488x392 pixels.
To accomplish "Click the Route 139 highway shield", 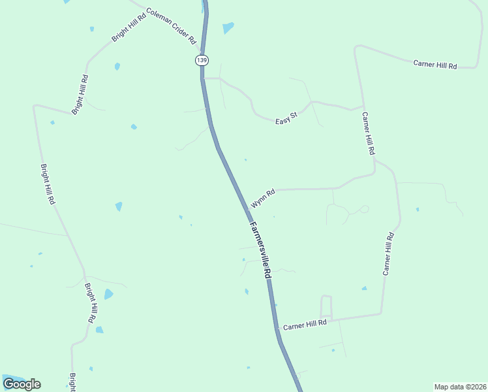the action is (202, 60).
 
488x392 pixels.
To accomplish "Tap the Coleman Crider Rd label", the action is (171, 25).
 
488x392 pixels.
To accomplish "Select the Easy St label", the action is (286, 118).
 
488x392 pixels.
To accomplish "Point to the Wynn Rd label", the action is (263, 198).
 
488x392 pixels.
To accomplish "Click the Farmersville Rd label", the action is (260, 250).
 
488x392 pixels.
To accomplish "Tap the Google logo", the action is (22, 384).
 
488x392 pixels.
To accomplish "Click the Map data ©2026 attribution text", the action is (460, 387).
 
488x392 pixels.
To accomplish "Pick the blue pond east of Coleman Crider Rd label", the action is (228, 27).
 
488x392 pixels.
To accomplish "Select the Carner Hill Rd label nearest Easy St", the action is (369, 133).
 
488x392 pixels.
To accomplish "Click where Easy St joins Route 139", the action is (204, 78).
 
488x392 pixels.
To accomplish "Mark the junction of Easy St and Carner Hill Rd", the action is (363, 106).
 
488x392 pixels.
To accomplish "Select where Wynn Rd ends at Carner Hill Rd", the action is (374, 173).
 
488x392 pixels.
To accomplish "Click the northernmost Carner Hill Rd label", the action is (435, 64).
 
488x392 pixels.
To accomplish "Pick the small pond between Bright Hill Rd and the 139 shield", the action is (117, 67).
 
